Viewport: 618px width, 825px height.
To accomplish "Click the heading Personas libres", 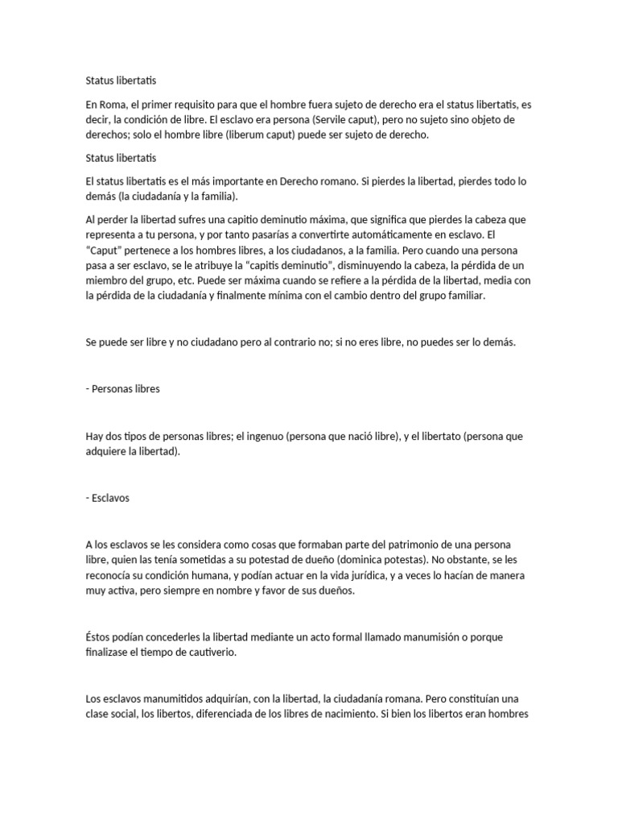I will pyautogui.click(x=126, y=388).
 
